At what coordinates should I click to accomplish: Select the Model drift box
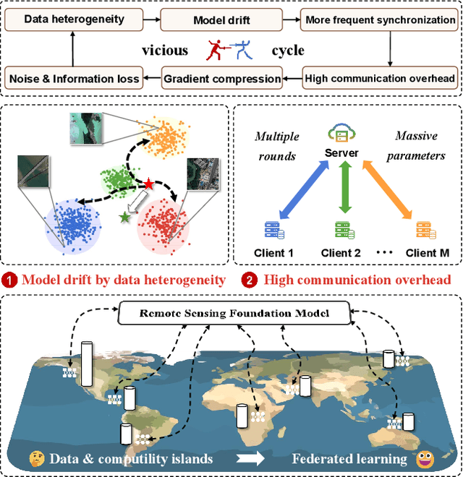[x=221, y=20]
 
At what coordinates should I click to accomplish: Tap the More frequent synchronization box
[x=380, y=20]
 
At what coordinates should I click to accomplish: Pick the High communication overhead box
[x=380, y=78]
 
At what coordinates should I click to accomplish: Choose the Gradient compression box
[x=221, y=78]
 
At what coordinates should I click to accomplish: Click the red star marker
[x=149, y=184]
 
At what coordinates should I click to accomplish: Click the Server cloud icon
[x=341, y=133]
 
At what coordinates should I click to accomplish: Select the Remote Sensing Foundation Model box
[x=234, y=313]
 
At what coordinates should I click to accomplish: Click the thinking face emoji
[x=36, y=458]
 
